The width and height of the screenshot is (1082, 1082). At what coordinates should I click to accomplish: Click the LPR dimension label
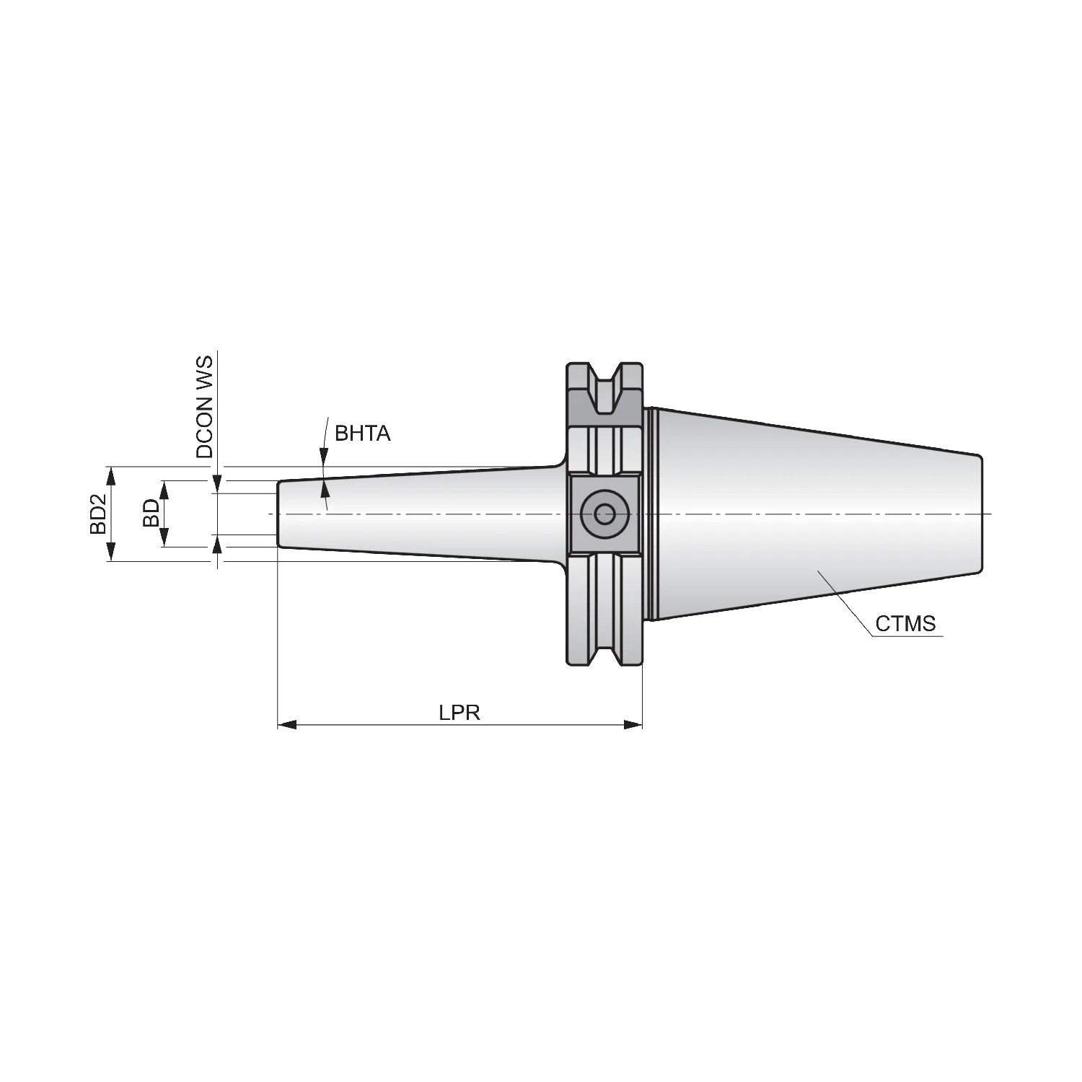459,713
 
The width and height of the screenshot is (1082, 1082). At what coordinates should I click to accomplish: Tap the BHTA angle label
362,434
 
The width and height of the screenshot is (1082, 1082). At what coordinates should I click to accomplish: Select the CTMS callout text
905,623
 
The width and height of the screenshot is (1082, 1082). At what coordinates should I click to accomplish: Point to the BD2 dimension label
98,514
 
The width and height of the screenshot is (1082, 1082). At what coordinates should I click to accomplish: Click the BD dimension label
151,514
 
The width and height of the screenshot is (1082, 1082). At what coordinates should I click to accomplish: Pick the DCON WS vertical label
205,406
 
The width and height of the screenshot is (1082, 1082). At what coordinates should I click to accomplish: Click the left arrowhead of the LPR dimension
287,724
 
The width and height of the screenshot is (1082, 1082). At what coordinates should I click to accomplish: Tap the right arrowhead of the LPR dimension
633,724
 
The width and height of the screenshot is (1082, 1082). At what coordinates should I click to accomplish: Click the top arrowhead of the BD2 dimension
110,476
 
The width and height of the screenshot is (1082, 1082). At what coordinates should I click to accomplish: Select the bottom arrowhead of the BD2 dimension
110,552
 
